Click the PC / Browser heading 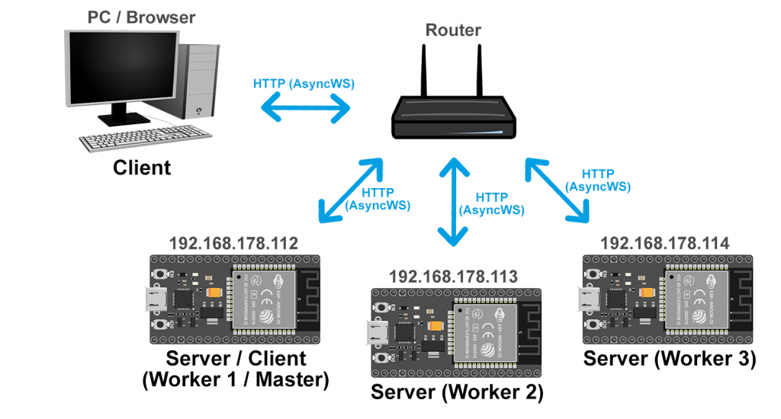(x=142, y=16)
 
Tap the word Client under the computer (x=142, y=168)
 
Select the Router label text (x=453, y=30)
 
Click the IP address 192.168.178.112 (x=233, y=244)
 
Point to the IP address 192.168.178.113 (x=453, y=276)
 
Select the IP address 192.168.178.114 (x=665, y=243)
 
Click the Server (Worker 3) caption (x=670, y=359)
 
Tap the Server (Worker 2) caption (x=457, y=392)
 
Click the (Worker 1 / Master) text (x=236, y=379)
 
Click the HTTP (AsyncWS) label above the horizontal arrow (x=304, y=84)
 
